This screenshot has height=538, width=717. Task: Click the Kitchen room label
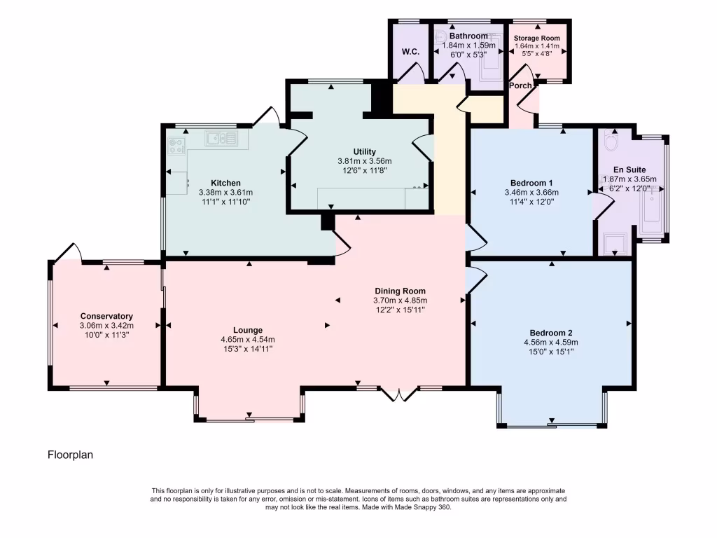(225, 183)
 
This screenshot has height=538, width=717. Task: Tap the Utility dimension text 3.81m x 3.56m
(365, 160)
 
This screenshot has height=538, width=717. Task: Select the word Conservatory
(106, 316)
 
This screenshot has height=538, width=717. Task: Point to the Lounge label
(248, 330)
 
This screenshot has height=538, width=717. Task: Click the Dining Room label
(400, 291)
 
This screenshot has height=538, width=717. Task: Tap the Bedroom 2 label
(551, 333)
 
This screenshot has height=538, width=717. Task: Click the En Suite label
(629, 170)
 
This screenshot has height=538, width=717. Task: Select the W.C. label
(410, 52)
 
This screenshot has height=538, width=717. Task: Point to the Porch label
(520, 85)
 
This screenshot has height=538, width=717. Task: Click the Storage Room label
(537, 38)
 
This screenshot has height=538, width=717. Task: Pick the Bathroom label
(468, 36)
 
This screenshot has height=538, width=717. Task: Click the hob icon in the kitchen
(176, 145)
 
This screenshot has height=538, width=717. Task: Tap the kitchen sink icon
(221, 138)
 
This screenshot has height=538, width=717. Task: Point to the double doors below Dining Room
(398, 394)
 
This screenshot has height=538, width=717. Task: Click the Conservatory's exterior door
(68, 251)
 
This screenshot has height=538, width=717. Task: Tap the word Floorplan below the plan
(70, 455)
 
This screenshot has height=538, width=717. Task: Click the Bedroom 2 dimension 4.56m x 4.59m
(551, 343)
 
